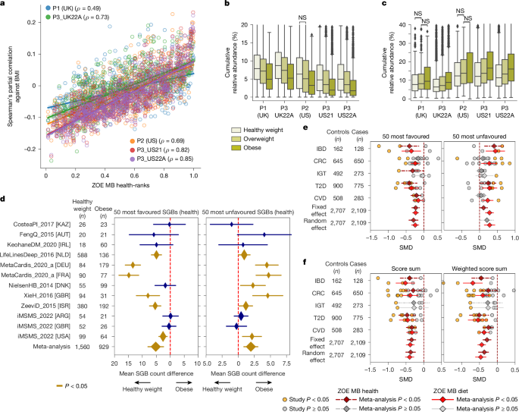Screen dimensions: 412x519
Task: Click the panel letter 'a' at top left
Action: [x=5, y=5]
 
